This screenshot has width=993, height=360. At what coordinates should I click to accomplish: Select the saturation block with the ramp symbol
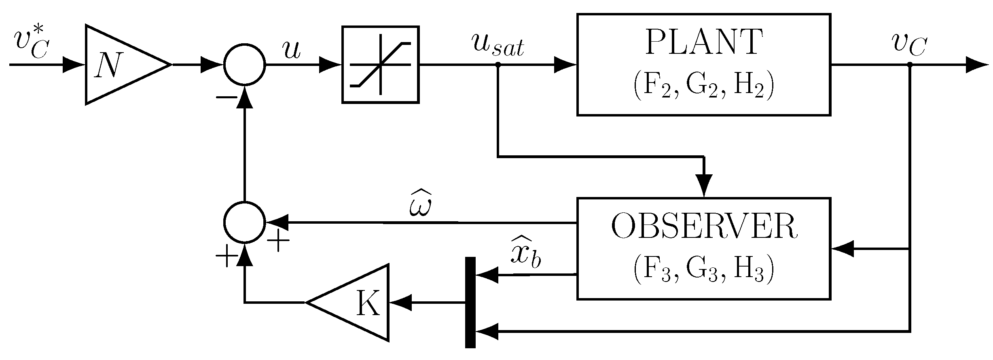click(380, 65)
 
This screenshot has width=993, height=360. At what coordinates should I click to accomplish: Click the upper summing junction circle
click(245, 65)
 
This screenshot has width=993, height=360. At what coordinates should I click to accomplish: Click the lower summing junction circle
click(245, 222)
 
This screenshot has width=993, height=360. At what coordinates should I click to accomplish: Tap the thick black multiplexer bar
click(470, 302)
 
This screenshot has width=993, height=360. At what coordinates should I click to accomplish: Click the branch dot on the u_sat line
click(498, 64)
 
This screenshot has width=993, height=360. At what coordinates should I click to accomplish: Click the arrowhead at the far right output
click(977, 65)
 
